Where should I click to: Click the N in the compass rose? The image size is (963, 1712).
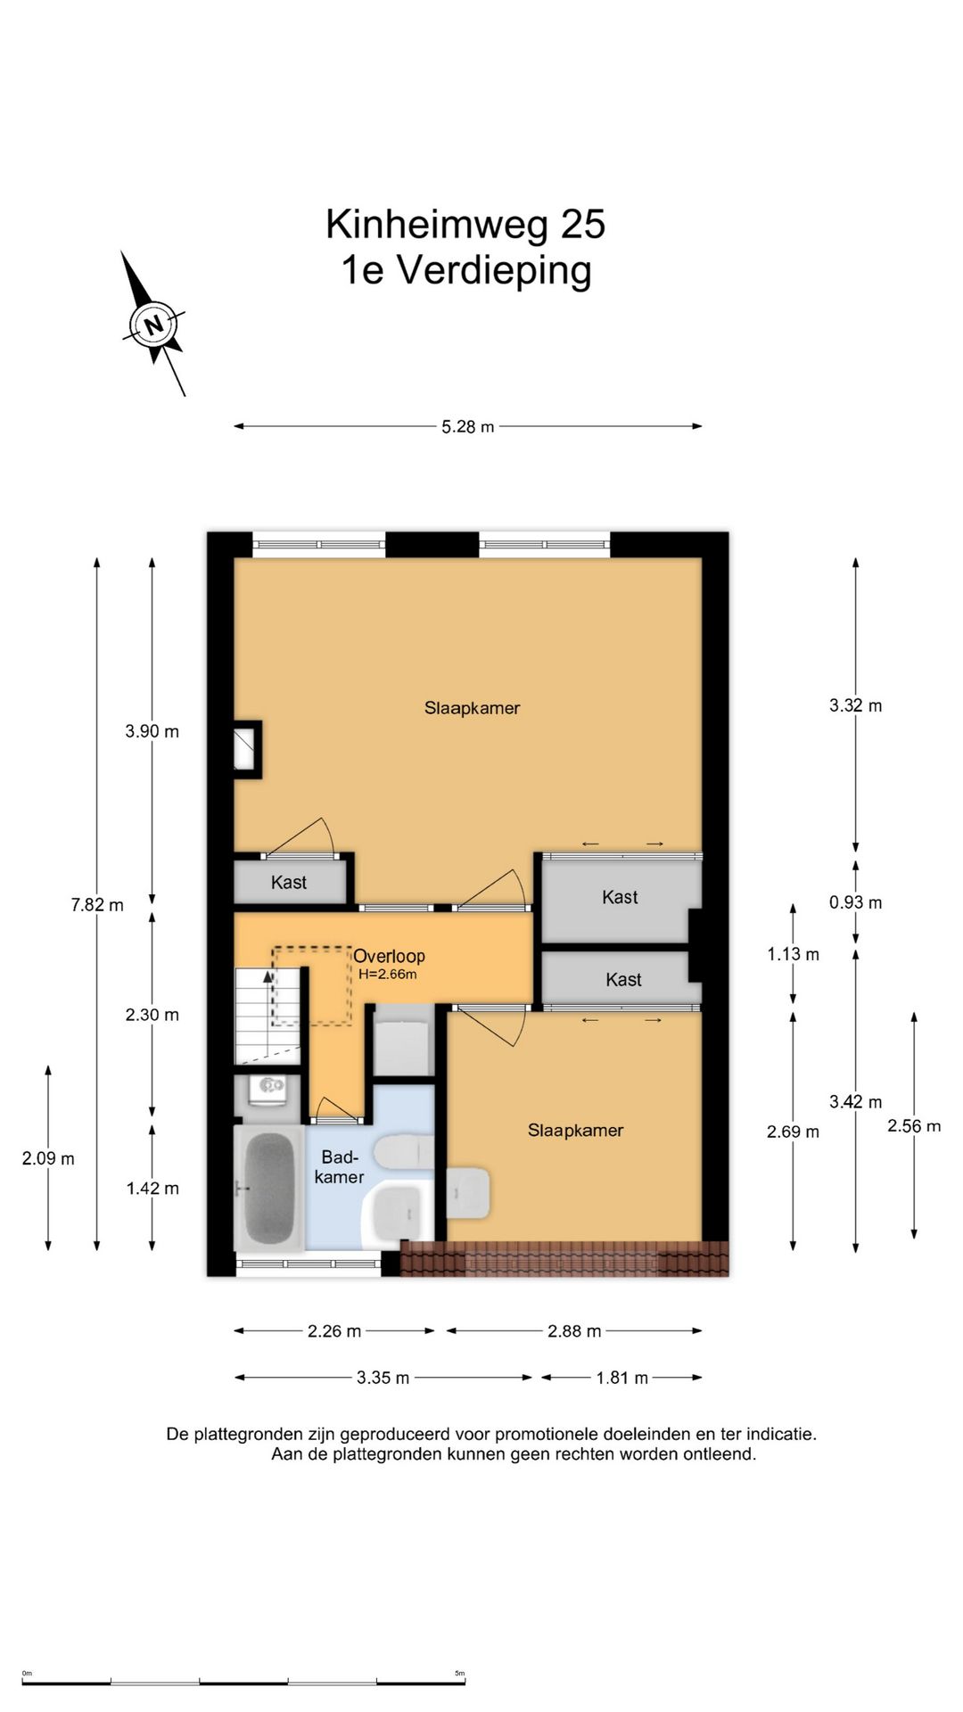tap(154, 324)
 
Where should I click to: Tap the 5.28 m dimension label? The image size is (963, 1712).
tap(468, 427)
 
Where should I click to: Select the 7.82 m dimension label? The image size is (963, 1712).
tap(97, 905)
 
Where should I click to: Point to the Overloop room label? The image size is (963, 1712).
tap(389, 957)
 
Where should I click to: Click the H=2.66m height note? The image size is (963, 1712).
tap(388, 975)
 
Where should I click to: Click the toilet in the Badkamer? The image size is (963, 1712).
tap(404, 1152)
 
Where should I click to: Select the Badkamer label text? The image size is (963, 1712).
tap(340, 1167)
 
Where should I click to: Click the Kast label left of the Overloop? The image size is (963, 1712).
tap(289, 883)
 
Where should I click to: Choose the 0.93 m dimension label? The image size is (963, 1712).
tap(856, 902)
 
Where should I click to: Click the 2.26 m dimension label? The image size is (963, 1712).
tap(334, 1331)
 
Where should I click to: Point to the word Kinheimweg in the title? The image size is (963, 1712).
tap(437, 225)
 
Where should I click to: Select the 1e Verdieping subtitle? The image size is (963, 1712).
tap(466, 270)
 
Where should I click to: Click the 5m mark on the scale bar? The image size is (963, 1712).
tap(460, 1673)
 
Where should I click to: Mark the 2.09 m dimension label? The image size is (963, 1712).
tap(48, 1159)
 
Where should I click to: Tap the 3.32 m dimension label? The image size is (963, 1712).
tap(856, 706)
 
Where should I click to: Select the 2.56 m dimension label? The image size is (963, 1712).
tap(914, 1126)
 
